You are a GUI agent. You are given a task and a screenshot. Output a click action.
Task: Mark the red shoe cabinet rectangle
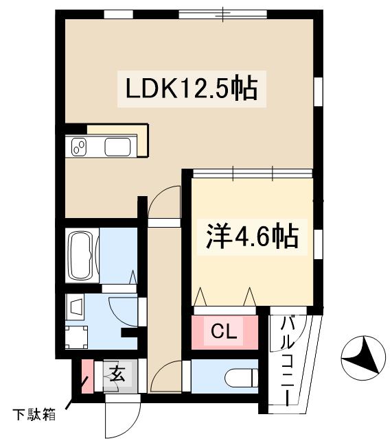[87, 376]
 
